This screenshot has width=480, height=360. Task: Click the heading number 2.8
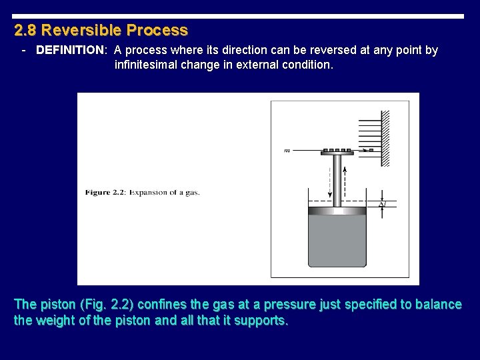click(x=25, y=31)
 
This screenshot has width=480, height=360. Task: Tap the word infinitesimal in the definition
click(x=147, y=65)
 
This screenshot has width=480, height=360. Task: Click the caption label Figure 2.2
click(x=106, y=193)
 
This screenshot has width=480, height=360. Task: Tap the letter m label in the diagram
click(x=287, y=151)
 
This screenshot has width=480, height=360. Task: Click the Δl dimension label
click(x=382, y=205)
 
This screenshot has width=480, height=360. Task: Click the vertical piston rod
click(x=337, y=180)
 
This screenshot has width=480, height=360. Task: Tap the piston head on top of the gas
click(x=337, y=211)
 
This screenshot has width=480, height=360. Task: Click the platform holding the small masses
click(x=337, y=153)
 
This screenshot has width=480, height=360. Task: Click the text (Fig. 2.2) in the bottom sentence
click(x=106, y=305)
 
